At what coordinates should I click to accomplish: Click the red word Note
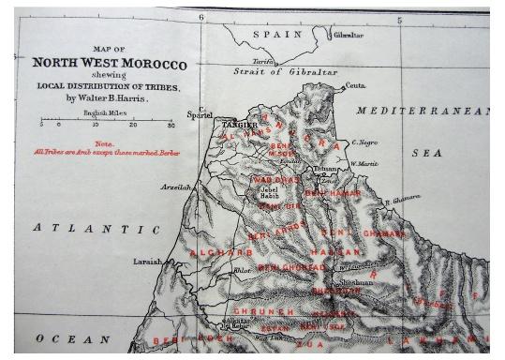[x=104, y=143]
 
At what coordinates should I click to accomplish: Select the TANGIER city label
[x=239, y=124]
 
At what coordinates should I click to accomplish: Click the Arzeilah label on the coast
[x=175, y=187]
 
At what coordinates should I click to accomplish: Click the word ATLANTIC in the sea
[x=97, y=229]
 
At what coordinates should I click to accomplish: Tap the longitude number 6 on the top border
[x=201, y=18]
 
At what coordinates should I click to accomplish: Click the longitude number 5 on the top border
[x=400, y=19]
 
